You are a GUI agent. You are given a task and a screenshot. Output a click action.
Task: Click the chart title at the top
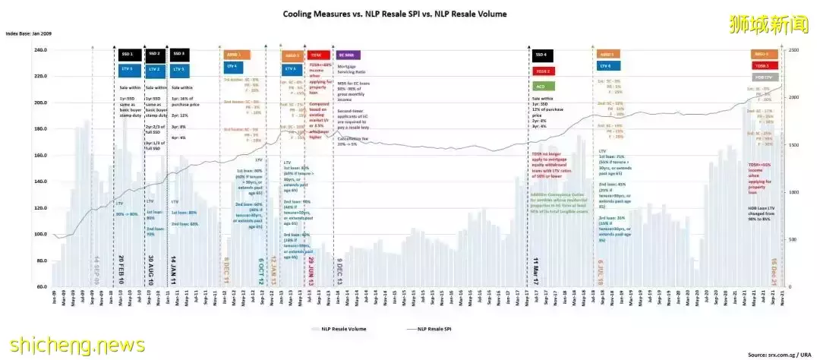tap(395, 14)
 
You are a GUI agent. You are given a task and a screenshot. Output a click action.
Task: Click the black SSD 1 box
tap(127, 55)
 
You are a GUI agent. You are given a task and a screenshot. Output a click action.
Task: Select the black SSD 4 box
tap(541, 55)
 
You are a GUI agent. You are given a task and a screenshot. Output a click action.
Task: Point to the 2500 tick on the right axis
tap(793, 50)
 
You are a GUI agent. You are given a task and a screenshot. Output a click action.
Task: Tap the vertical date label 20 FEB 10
tap(121, 270)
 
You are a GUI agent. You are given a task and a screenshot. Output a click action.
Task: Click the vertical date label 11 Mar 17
tap(536, 270)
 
